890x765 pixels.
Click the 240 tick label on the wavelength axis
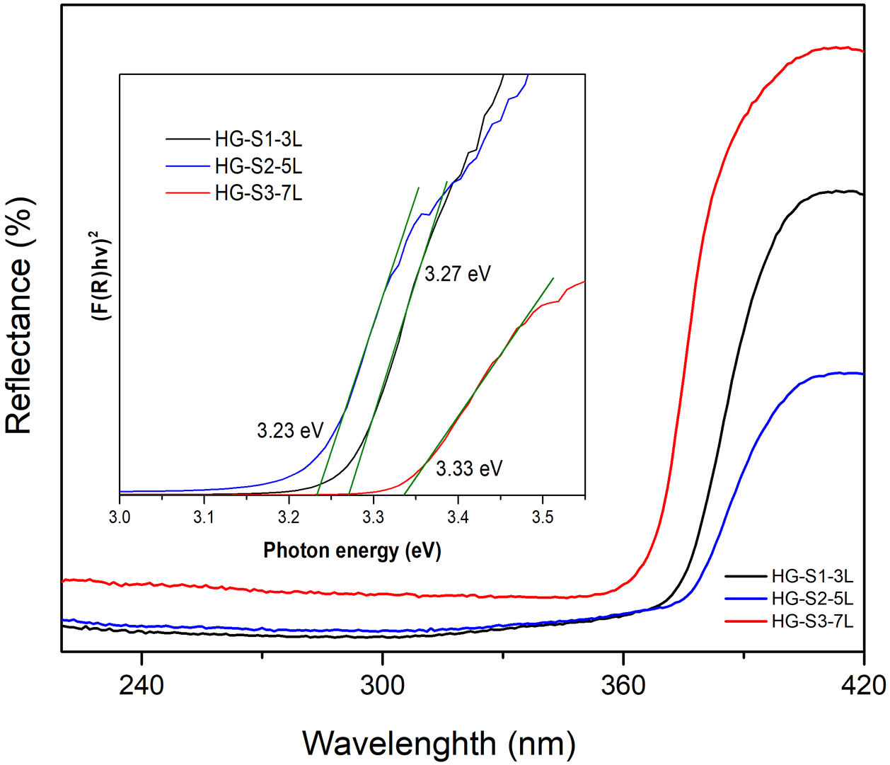click(141, 685)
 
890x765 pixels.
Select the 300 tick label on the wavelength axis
click(382, 685)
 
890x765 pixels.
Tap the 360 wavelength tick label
click(623, 685)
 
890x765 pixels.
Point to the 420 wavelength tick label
click(864, 685)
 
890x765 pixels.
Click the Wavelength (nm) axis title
click(439, 743)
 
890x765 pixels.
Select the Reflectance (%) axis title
click(19, 316)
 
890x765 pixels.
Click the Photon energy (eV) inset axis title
click(352, 551)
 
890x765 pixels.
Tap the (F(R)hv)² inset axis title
click(103, 276)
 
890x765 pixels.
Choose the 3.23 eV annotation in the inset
click(290, 430)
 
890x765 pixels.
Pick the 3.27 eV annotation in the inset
click(458, 274)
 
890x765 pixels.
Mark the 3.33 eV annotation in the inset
click(469, 468)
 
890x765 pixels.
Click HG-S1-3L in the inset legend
click(258, 139)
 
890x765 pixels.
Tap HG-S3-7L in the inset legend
click(258, 192)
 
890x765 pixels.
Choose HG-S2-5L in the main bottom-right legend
click(812, 599)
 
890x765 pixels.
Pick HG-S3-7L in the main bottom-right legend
click(812, 621)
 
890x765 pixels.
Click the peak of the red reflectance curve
click(838, 47)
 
